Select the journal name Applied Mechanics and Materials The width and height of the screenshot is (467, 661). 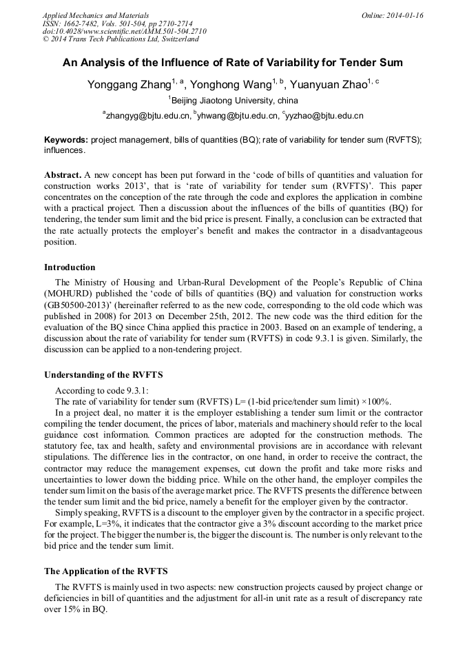(96, 15)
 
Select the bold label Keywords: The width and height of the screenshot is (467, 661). (66, 140)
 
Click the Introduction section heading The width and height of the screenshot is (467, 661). (70, 267)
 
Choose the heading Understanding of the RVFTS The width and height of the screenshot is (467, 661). (103, 375)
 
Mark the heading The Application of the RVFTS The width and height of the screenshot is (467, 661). (105, 571)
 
